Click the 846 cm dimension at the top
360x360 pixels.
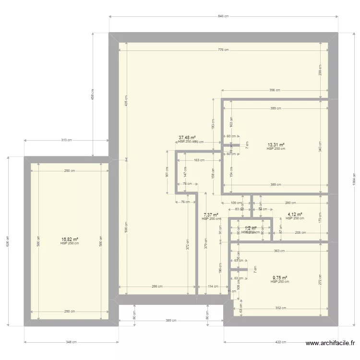tap(224, 16)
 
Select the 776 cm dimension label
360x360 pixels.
tap(224, 50)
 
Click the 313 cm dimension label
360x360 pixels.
tap(66, 140)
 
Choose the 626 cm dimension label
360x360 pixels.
tap(8, 241)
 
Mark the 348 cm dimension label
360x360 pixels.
tap(71, 342)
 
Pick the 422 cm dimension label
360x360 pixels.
tap(281, 342)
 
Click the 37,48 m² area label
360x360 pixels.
tap(187, 137)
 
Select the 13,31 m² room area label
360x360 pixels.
tap(276, 144)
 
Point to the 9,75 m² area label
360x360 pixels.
tap(280, 277)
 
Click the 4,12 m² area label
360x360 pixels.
tap(295, 215)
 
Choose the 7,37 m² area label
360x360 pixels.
tap(211, 215)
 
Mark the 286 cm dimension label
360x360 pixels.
tap(157, 287)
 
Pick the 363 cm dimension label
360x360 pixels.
tap(280, 251)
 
